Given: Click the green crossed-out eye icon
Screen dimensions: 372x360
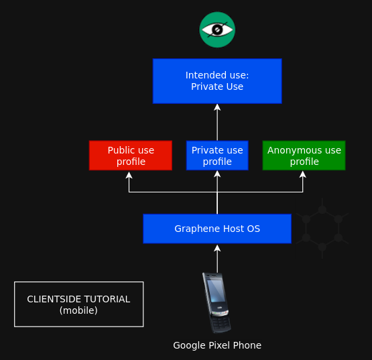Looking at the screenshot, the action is [x=217, y=29].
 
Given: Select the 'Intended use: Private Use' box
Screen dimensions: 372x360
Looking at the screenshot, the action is [x=217, y=81].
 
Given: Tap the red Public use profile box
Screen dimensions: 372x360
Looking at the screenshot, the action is [x=131, y=156].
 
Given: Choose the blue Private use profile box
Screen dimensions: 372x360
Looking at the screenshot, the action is [x=217, y=156].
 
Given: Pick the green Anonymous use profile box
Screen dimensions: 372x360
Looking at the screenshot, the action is [x=304, y=156].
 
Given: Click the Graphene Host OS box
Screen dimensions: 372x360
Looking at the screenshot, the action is [x=217, y=229].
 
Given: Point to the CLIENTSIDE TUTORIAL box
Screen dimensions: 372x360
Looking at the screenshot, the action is [x=79, y=304].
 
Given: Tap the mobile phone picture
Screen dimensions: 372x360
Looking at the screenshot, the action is [x=217, y=303].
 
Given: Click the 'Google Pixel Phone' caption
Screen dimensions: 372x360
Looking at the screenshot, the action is [x=217, y=345].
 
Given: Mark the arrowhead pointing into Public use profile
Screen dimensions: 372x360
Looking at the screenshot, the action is [x=129, y=175].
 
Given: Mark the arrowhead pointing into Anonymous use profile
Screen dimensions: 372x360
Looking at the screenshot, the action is [x=302, y=174].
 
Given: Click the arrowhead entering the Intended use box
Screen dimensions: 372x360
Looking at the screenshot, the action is [x=217, y=107].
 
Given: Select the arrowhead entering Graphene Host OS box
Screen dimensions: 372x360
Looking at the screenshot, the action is [x=217, y=249].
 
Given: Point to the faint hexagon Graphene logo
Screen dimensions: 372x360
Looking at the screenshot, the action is [x=322, y=229].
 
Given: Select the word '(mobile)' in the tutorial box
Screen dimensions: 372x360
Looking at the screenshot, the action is [x=78, y=310].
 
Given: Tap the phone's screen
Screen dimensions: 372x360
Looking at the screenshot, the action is [x=215, y=291].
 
